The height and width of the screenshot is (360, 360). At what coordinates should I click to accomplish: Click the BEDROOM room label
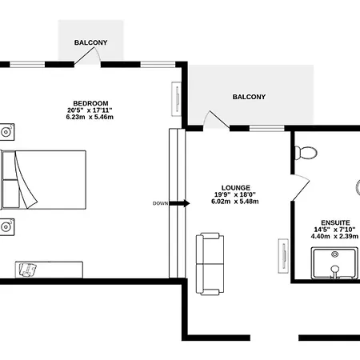click(x=90, y=103)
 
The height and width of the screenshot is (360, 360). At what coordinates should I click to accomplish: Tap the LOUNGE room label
click(x=236, y=188)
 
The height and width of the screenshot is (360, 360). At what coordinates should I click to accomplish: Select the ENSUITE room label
click(x=335, y=222)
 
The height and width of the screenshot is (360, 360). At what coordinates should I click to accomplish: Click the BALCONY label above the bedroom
click(x=90, y=42)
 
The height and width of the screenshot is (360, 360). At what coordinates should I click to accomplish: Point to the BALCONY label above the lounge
click(x=249, y=97)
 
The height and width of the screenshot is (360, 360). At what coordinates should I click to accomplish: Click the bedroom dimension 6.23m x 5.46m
click(x=90, y=117)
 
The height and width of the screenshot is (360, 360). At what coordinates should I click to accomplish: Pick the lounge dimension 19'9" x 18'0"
click(x=235, y=194)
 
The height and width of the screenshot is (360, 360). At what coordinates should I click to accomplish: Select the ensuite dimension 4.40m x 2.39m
click(x=334, y=236)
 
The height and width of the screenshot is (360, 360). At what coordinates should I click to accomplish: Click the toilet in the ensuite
click(x=306, y=153)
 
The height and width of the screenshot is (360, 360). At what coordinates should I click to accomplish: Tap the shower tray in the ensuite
click(x=334, y=263)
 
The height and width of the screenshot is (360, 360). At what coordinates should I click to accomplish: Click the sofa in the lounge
click(x=210, y=264)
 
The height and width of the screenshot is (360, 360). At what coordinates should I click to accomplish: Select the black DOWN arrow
click(x=179, y=203)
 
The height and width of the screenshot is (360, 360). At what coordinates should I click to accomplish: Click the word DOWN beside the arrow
click(x=160, y=203)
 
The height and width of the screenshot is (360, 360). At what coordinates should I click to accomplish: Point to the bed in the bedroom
click(x=43, y=180)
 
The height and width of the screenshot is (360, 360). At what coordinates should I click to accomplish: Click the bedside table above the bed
click(x=7, y=132)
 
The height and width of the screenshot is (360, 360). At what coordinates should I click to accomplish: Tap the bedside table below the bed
click(x=7, y=227)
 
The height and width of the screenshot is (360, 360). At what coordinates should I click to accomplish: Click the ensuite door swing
click(x=302, y=186)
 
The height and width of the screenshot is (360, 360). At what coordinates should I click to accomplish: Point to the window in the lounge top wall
click(x=266, y=128)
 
